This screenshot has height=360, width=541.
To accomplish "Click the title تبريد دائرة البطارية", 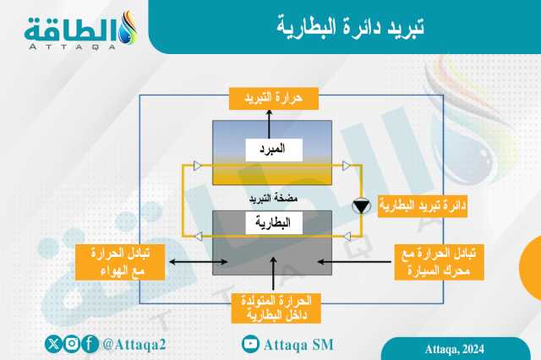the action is pos(350,26).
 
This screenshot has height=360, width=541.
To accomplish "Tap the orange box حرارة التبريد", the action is pos(274,99).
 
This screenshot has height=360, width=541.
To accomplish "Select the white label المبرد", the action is pos(274,150).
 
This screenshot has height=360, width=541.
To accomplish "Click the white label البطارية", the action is pos(274,223).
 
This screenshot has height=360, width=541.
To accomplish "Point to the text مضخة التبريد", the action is pos(273,199).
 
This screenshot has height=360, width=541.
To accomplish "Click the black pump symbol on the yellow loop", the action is pos(361,206).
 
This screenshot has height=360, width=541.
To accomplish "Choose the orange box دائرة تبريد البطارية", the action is pos(423,206).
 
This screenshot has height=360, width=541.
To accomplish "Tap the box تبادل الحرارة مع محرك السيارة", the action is pos(440,262).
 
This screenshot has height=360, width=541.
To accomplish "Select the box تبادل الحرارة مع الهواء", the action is pos(120,262).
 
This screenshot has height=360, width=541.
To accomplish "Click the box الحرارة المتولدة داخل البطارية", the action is pos(276,308).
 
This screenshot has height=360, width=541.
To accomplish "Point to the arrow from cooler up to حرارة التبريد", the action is pos(269,124).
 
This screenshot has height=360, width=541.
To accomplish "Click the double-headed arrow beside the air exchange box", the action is pos(198,262).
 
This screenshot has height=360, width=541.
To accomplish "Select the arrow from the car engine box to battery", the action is pos(354,262).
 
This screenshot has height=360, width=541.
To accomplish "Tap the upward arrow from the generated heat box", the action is pos(273,274).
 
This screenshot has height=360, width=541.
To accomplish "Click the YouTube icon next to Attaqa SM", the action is pos(250,344).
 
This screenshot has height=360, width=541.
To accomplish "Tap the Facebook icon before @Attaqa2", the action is pos(90,344).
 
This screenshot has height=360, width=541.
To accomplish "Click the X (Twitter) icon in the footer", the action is pos(53,344).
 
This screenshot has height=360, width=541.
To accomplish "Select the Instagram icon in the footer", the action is pos(72,344).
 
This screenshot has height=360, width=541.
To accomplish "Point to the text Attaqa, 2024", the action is pos(455,349).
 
